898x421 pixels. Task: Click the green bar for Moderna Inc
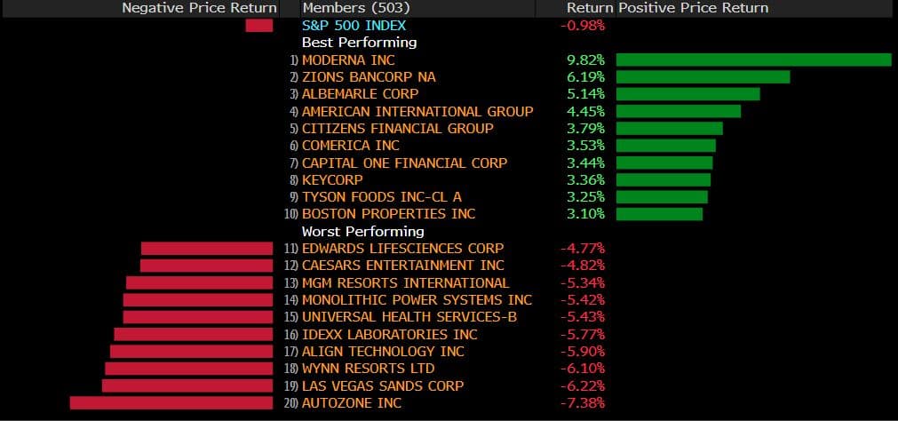(x=753, y=60)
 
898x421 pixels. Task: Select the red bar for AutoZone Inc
(x=171, y=403)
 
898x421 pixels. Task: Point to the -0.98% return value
(x=583, y=25)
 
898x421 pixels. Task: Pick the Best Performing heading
(x=359, y=43)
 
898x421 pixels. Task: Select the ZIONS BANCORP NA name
(x=369, y=77)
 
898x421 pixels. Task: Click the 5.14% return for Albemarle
(x=586, y=94)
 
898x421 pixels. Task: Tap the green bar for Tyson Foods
(x=662, y=196)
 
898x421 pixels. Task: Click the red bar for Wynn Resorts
(x=189, y=369)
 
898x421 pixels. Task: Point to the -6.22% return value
(x=583, y=386)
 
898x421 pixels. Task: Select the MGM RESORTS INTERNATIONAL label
(x=405, y=282)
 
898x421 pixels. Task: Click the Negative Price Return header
(x=199, y=8)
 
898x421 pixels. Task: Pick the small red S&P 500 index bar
(x=259, y=25)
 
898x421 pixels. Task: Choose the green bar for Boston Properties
(x=659, y=214)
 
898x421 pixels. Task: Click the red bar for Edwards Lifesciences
(x=207, y=249)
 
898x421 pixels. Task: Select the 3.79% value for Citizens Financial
(x=586, y=129)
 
